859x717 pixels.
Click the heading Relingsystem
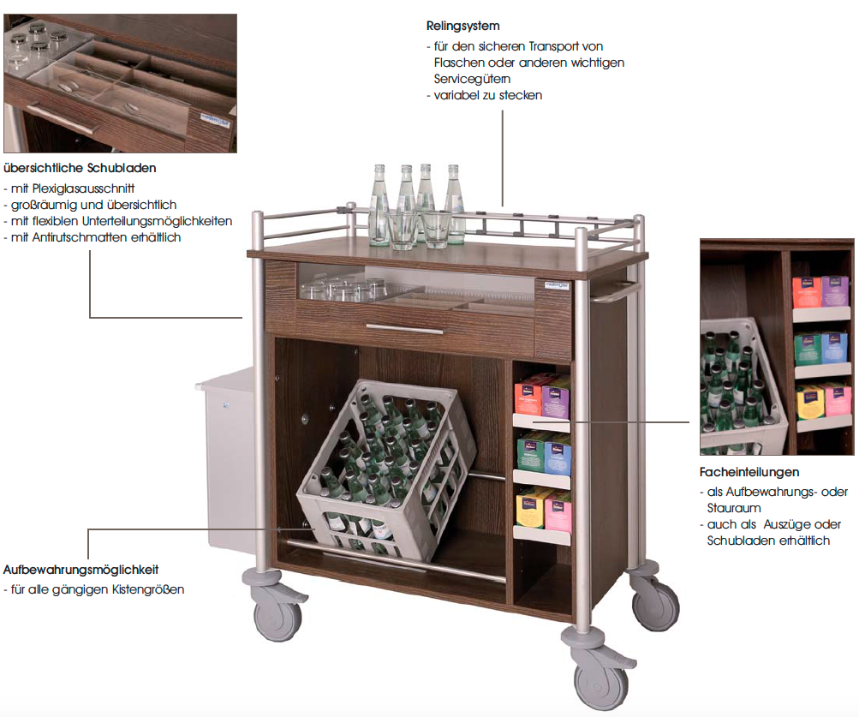463,26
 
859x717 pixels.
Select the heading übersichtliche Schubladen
80,168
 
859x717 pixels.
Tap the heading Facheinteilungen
749,472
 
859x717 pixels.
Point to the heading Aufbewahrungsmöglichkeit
81,570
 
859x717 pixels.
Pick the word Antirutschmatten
80,237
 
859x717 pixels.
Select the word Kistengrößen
148,590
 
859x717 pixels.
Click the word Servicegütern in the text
472,79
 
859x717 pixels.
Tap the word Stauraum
734,508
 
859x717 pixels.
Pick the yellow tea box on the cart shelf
530,508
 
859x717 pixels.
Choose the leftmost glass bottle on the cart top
379,205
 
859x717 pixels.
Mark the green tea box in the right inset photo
808,350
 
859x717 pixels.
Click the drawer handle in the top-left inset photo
63,117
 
